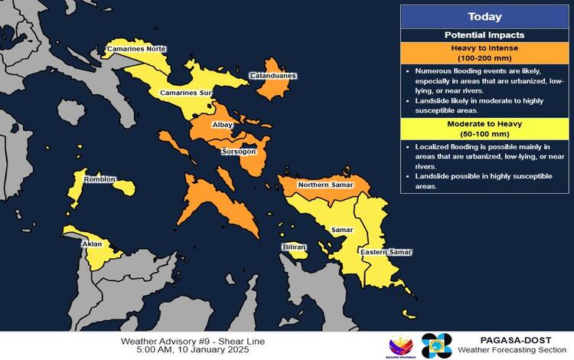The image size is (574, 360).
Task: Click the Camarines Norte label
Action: (x=136, y=49)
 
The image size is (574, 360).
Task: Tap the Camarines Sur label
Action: (x=185, y=93)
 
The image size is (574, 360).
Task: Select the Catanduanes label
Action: (x=273, y=76)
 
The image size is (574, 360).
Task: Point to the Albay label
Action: (x=222, y=124)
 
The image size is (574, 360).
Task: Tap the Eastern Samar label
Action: (x=386, y=252)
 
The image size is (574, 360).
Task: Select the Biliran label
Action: (x=295, y=247)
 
